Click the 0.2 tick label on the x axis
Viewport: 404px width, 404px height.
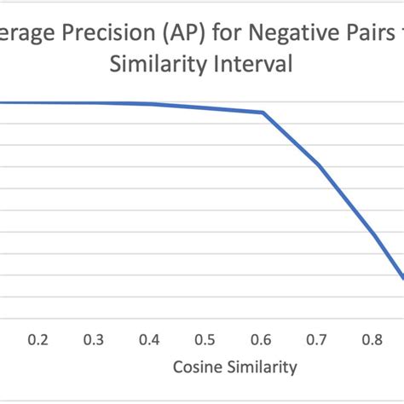tap(38, 339)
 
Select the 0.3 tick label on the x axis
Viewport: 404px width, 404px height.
tap(94, 339)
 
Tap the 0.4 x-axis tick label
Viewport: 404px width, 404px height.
tap(149, 339)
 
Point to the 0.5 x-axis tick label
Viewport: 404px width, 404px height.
tap(205, 339)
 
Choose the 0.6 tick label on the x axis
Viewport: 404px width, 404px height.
tap(261, 339)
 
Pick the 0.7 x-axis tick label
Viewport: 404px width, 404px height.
tap(316, 339)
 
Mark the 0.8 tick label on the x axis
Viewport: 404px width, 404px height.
tap(372, 339)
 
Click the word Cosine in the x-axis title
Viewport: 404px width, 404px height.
tap(197, 368)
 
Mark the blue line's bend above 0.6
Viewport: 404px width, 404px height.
tap(263, 113)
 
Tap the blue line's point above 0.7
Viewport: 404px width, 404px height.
tap(317, 164)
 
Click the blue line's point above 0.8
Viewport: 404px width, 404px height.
tap(372, 234)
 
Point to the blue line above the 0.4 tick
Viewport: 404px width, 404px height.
tap(150, 104)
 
